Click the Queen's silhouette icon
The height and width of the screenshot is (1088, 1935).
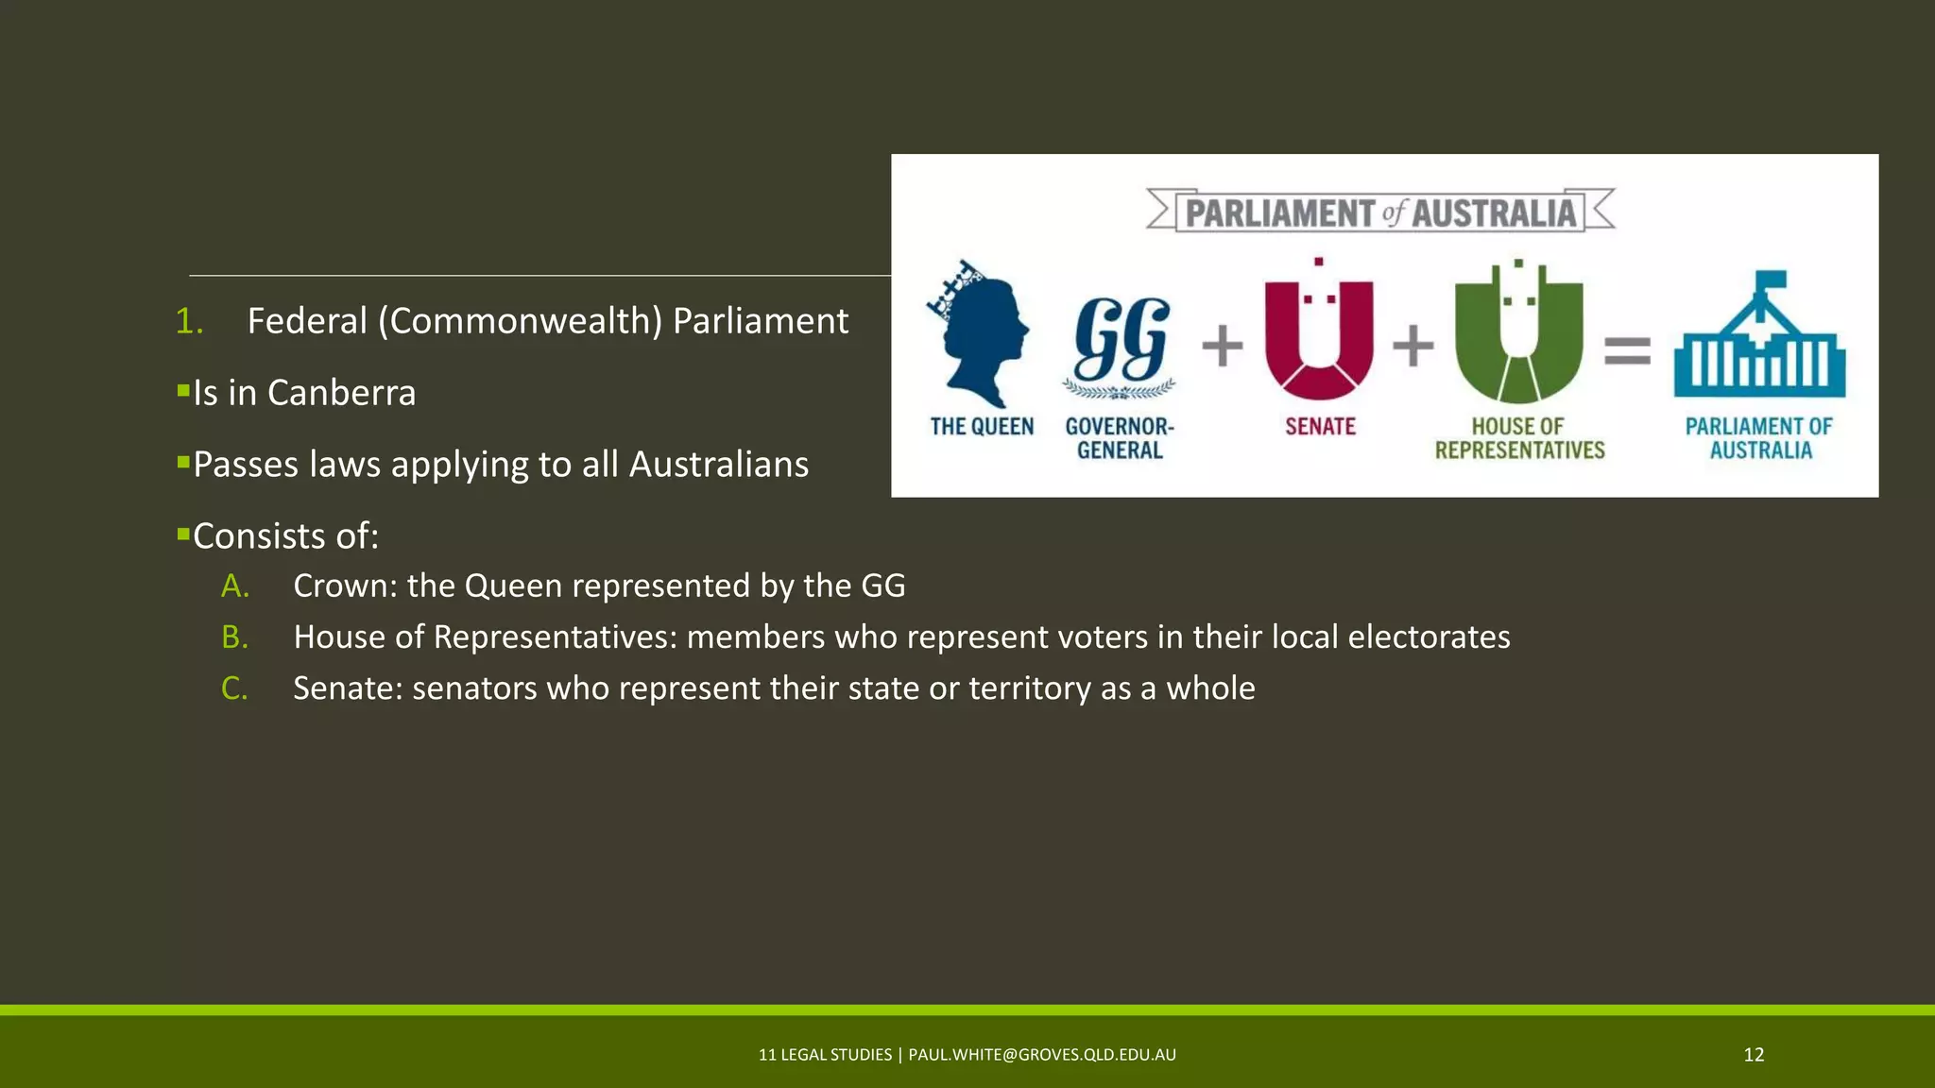[980, 335]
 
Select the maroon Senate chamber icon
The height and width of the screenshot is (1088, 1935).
[1319, 335]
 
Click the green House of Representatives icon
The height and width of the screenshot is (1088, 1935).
[1518, 335]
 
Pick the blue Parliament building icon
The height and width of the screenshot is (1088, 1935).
[1759, 340]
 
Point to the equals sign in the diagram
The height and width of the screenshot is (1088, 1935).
[1628, 351]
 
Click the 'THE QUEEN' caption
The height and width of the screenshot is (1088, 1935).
[982, 427]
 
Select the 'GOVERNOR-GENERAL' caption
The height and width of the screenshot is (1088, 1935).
[1120, 438]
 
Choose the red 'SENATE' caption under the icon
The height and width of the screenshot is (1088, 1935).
[1320, 427]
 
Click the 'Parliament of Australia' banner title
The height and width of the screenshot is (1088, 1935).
[1380, 212]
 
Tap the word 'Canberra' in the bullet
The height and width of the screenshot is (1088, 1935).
[341, 393]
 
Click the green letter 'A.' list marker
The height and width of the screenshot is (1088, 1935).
[235, 586]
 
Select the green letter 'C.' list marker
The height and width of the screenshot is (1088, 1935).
[234, 688]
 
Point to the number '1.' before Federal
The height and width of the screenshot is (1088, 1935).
[189, 321]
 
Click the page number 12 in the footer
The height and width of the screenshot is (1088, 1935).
[1754, 1055]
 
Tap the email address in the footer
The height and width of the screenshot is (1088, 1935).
[1042, 1055]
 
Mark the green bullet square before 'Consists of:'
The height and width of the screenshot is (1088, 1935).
[183, 534]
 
